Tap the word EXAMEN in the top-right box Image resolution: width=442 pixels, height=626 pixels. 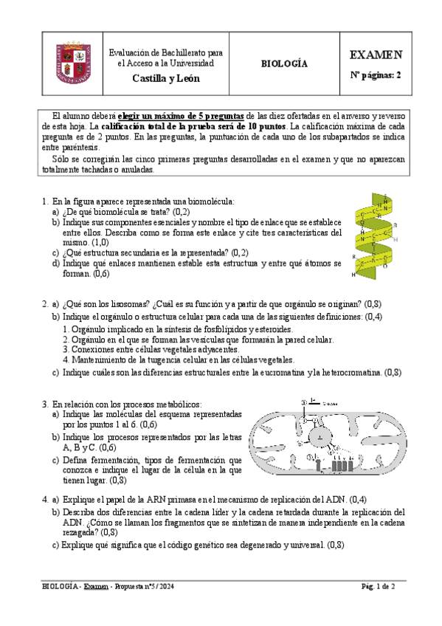(376, 55)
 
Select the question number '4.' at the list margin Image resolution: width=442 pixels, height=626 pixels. (46, 499)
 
